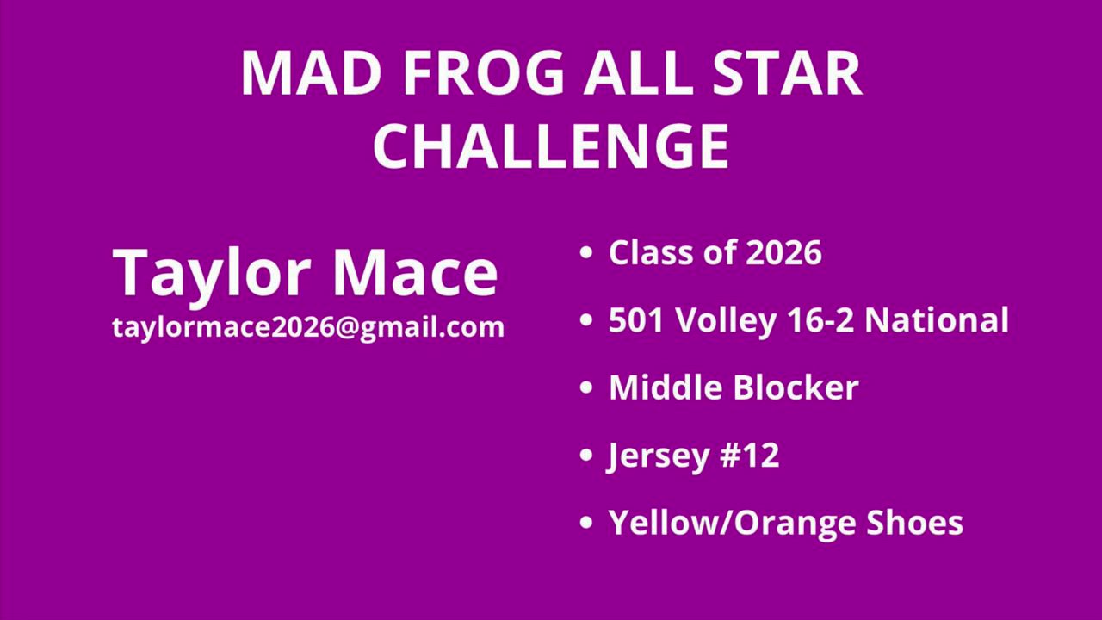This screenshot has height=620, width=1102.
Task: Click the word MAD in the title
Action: pos(311,73)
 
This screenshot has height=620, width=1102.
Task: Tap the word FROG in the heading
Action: pos(484,73)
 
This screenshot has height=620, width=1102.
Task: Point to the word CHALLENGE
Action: pos(551,146)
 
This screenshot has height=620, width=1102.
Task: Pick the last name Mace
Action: pos(416,272)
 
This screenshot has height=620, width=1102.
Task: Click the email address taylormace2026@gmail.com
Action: pos(308,327)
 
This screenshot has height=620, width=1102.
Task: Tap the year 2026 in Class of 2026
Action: pos(783,252)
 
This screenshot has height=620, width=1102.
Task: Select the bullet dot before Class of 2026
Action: pos(586,252)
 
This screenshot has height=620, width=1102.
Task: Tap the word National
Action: pos(937,319)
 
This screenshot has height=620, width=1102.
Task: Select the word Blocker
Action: pos(796,387)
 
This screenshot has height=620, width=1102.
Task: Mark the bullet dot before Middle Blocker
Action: pos(586,387)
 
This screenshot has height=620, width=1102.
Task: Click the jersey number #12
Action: pos(750,455)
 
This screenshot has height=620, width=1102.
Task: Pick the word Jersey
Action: pos(659,456)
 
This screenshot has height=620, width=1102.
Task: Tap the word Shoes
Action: pos(914,522)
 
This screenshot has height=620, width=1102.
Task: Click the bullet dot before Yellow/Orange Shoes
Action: pos(586,522)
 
